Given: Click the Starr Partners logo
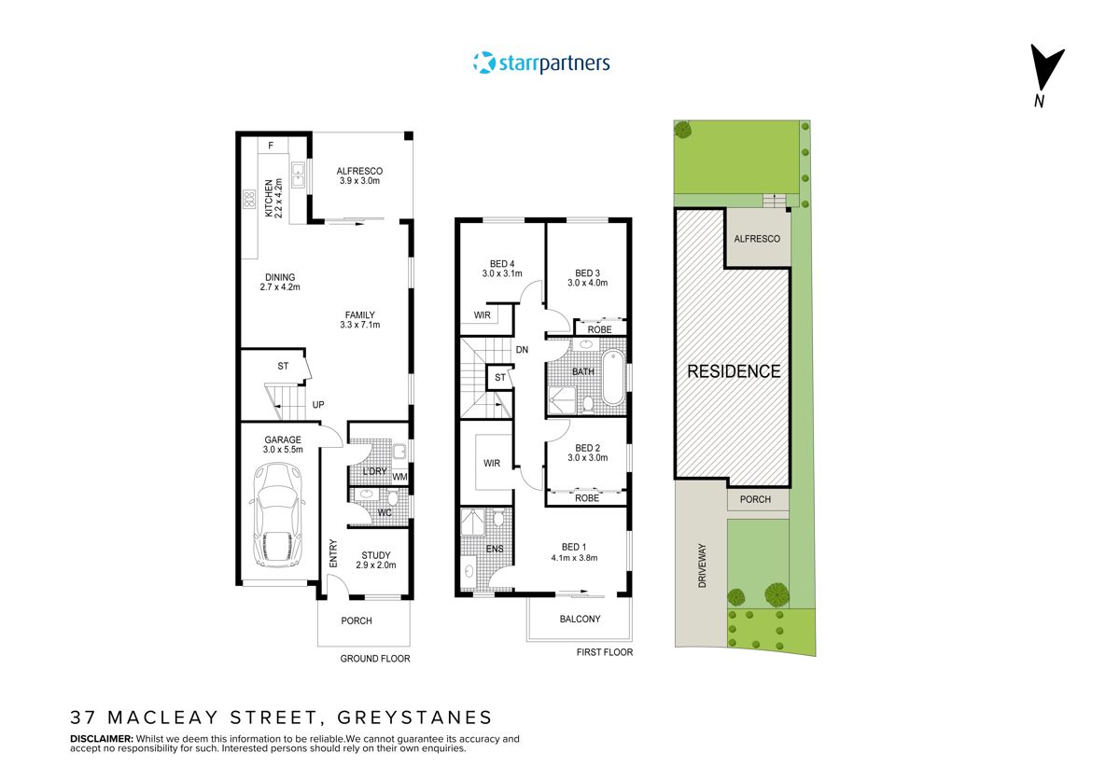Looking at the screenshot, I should pyautogui.click(x=541, y=63).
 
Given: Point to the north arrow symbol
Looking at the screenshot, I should pyautogui.click(x=1045, y=70).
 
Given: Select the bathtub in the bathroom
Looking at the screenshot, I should pyautogui.click(x=612, y=377).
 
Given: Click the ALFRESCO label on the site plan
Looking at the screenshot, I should pyautogui.click(x=757, y=239).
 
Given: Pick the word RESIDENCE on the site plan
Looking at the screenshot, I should pyautogui.click(x=734, y=371).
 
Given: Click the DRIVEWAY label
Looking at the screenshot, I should pyautogui.click(x=702, y=565).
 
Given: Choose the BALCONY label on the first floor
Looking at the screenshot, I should pyautogui.click(x=580, y=619).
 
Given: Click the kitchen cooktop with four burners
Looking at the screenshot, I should pyautogui.click(x=249, y=199).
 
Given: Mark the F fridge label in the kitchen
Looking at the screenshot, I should pyautogui.click(x=271, y=146).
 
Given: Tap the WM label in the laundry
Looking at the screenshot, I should pyautogui.click(x=399, y=478).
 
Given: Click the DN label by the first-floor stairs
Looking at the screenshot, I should pyautogui.click(x=522, y=350).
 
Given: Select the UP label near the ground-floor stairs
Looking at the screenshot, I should pyautogui.click(x=318, y=405).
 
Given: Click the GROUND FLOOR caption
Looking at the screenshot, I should pyautogui.click(x=374, y=658).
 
